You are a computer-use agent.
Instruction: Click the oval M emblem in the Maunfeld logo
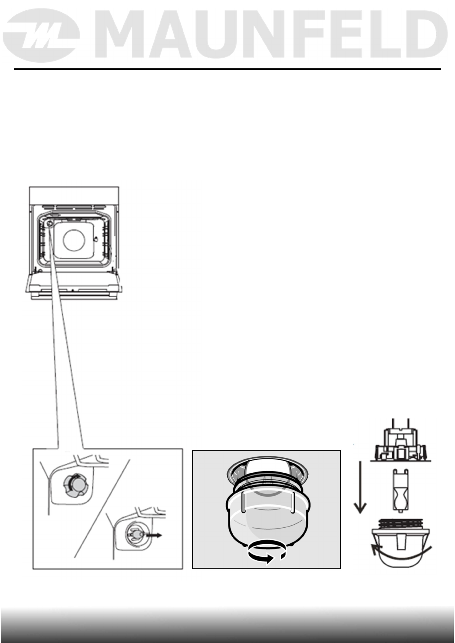[42, 36]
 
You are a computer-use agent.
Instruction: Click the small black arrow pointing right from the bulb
[155, 535]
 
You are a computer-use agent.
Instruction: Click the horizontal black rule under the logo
[227, 69]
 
